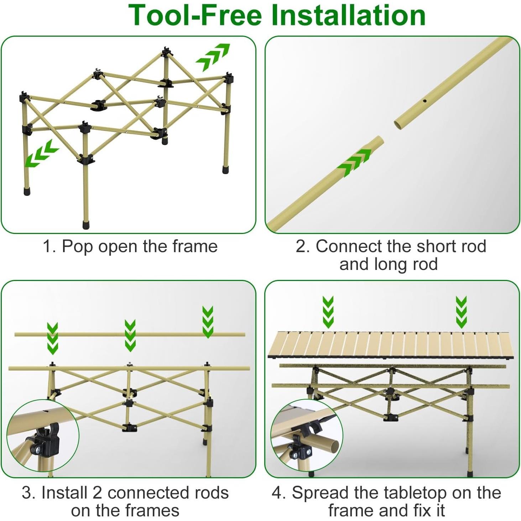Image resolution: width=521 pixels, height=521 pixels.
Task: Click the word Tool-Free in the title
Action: pos(195,15)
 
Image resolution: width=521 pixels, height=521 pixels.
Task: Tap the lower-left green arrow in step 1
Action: pos(41,153)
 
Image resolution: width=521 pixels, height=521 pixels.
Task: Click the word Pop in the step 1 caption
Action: pos(78,247)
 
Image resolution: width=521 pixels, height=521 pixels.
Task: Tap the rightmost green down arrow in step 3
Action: pos(208,322)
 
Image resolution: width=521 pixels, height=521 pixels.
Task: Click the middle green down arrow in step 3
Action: pos(130,335)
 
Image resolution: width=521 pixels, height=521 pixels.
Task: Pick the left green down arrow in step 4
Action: pos(328,312)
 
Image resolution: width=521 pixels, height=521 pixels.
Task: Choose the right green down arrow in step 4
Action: pos(461,312)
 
